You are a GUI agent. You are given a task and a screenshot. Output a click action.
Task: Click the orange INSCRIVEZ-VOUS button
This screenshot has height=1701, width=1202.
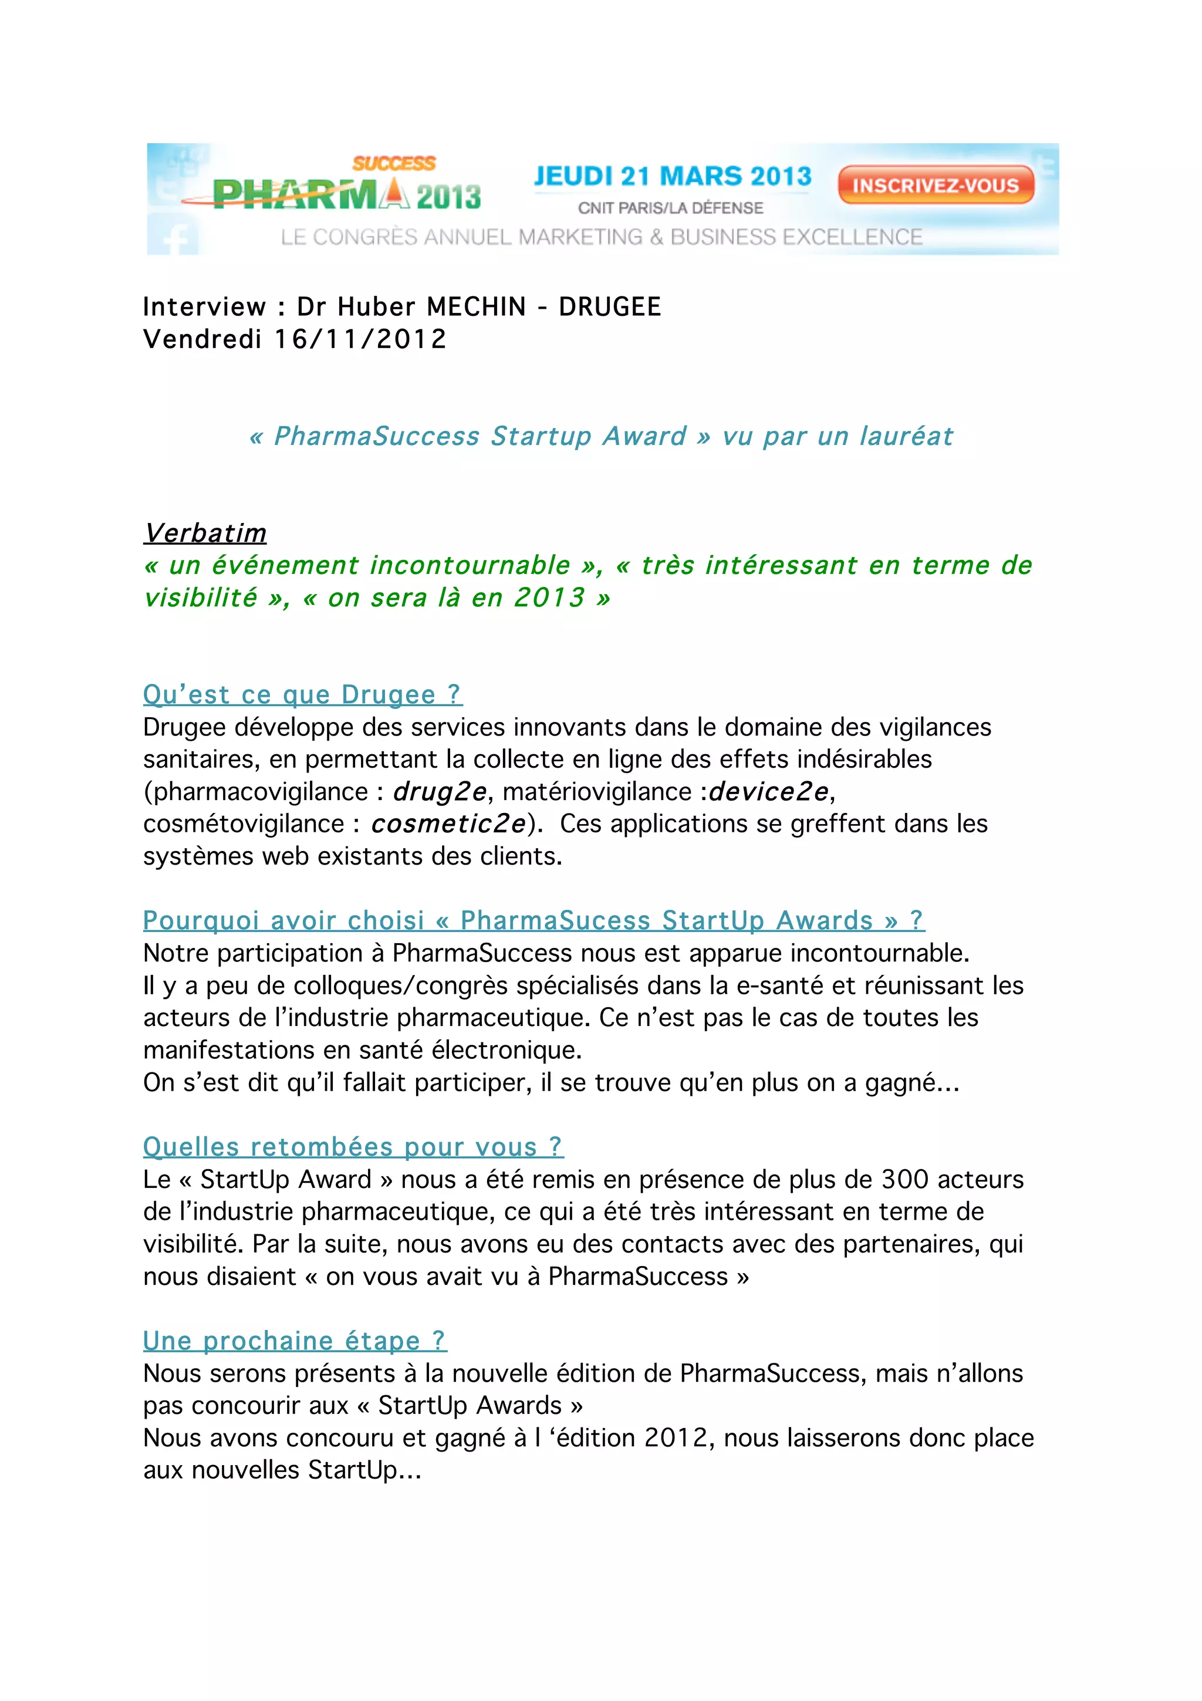tap(936, 185)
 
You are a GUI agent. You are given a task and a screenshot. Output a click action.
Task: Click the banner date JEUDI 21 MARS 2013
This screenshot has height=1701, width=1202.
tap(673, 176)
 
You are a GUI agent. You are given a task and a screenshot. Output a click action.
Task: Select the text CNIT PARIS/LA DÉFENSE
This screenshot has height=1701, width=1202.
tap(670, 208)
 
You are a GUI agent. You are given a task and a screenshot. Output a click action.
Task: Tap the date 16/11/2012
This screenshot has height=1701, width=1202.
tap(361, 339)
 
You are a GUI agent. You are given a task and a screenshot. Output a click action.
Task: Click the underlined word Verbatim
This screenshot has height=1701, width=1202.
tap(205, 533)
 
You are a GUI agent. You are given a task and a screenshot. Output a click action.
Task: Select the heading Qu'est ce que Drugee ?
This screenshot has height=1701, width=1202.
tap(302, 694)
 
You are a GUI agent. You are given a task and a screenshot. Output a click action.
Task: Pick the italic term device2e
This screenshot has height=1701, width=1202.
tap(769, 791)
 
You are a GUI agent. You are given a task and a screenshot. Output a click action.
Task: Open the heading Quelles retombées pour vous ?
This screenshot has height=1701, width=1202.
tap(353, 1147)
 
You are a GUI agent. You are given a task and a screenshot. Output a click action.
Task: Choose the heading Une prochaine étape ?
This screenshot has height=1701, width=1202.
tap(295, 1341)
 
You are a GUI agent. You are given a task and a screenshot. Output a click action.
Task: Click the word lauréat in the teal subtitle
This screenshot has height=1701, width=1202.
tap(906, 436)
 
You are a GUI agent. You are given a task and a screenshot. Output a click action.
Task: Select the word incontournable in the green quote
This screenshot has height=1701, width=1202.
tap(470, 565)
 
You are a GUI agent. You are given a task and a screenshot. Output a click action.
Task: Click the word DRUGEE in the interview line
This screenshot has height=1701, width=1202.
tap(610, 307)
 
